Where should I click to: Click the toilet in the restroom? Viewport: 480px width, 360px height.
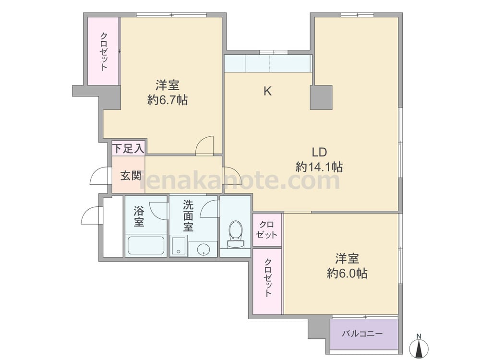[x=235, y=235]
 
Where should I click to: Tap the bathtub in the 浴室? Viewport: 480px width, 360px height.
[x=146, y=245]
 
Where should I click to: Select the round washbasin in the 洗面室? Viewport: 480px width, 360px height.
[x=203, y=249]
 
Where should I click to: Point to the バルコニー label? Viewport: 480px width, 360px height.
[x=362, y=333]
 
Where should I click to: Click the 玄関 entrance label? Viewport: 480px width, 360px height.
[x=131, y=175]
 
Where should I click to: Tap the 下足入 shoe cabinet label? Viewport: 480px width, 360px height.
[x=128, y=149]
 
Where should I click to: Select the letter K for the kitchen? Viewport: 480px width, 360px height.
[x=267, y=91]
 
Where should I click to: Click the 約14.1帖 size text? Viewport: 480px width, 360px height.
[x=319, y=167]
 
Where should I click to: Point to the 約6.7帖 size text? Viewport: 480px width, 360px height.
[x=168, y=100]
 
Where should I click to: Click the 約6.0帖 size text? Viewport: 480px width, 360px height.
[x=347, y=273]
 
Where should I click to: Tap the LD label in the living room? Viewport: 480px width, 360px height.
[x=319, y=152]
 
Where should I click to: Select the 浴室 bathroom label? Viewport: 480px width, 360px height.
[x=139, y=216]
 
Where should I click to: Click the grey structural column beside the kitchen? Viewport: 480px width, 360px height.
[x=321, y=97]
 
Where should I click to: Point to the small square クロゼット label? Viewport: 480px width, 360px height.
[x=267, y=230]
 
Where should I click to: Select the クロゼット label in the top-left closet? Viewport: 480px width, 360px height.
[x=104, y=51]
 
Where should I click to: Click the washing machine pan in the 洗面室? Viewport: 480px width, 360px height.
[x=179, y=246]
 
